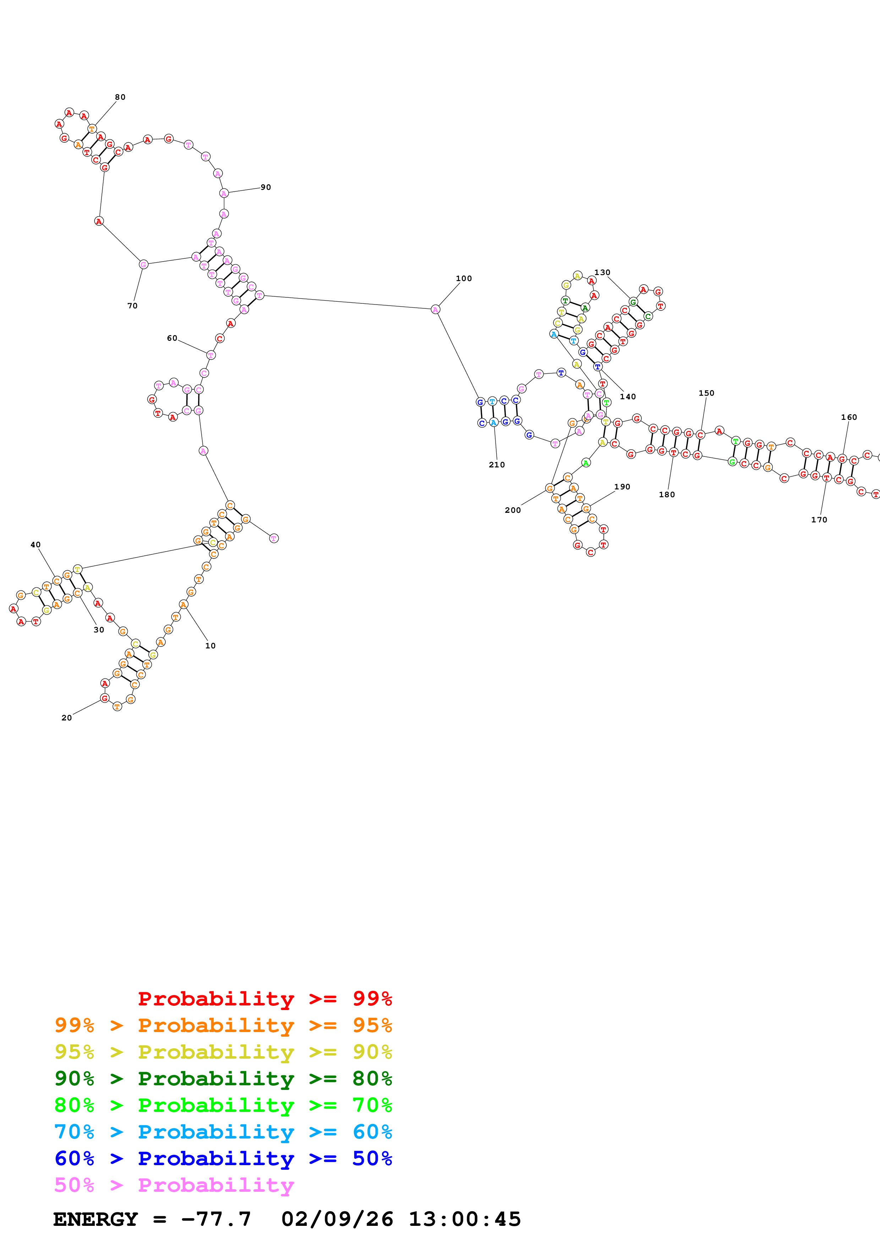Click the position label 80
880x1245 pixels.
click(x=120, y=97)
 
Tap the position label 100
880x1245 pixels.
click(x=464, y=278)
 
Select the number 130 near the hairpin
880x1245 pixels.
click(x=602, y=272)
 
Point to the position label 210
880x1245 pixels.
click(x=497, y=465)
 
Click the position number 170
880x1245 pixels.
click(x=819, y=520)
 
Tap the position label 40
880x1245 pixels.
click(x=35, y=544)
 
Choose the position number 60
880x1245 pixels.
click(x=172, y=338)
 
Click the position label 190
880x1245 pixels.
click(x=622, y=487)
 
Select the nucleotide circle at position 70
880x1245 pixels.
click(x=143, y=264)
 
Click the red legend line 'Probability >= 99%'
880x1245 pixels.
click(x=264, y=998)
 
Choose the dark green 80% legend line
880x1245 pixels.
click(x=223, y=1079)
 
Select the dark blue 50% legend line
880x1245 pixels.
click(x=223, y=1158)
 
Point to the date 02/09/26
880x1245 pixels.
click(x=337, y=1219)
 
